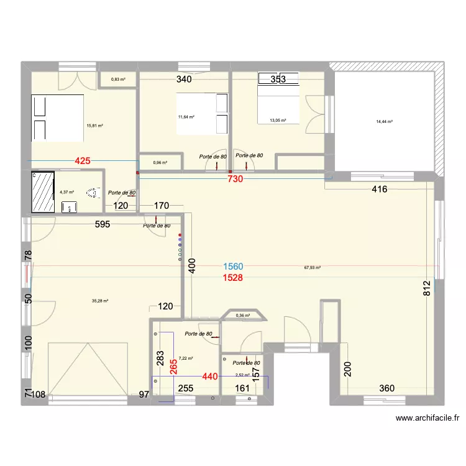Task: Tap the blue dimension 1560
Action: pos(234,267)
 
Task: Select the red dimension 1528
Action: pos(234,278)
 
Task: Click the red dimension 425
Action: pos(83,161)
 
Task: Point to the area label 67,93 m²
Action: pos(312,268)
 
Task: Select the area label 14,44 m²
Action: pos(385,122)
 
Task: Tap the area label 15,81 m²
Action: pos(95,126)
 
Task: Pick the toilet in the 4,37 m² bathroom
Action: pos(93,193)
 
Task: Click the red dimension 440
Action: pos(210,376)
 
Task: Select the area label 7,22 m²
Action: pos(186,359)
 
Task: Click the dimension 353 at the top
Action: pos(278,79)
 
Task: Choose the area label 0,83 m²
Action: pos(118,80)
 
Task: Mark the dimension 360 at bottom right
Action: pos(387,388)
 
